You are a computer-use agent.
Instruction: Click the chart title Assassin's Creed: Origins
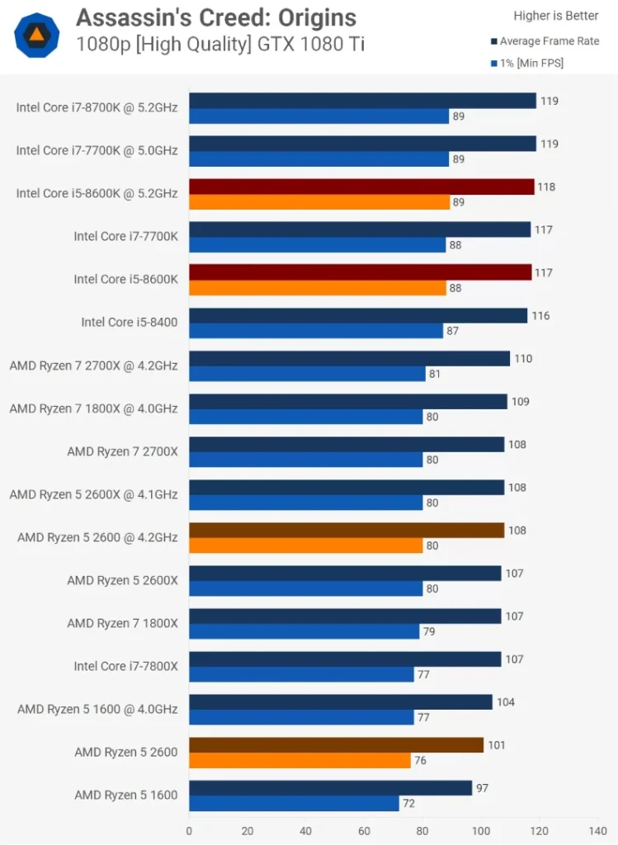coord(216,17)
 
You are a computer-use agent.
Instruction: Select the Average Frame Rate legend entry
coord(549,40)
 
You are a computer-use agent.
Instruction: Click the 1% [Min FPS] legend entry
coord(531,63)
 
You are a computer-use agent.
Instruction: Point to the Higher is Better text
coord(556,16)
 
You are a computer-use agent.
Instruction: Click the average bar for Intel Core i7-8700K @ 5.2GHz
coord(362,101)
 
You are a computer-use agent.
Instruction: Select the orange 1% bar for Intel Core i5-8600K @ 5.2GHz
coord(319,202)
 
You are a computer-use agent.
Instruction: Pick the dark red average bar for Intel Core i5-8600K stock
coord(361,272)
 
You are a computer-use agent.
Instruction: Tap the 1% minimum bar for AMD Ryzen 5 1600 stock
coord(294,803)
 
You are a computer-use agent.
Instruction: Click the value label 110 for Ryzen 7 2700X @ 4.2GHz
coord(523,359)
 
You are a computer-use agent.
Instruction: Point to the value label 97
coord(483,788)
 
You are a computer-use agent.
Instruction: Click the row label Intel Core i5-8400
coord(129,322)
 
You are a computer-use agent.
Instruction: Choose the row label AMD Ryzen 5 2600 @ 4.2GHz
coord(97,537)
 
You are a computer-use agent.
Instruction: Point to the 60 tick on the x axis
coord(364,831)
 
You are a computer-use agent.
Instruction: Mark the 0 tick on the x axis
coord(189,831)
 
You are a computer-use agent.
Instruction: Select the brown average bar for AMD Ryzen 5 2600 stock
coord(336,745)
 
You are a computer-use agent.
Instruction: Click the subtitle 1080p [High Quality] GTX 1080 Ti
coord(219,44)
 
